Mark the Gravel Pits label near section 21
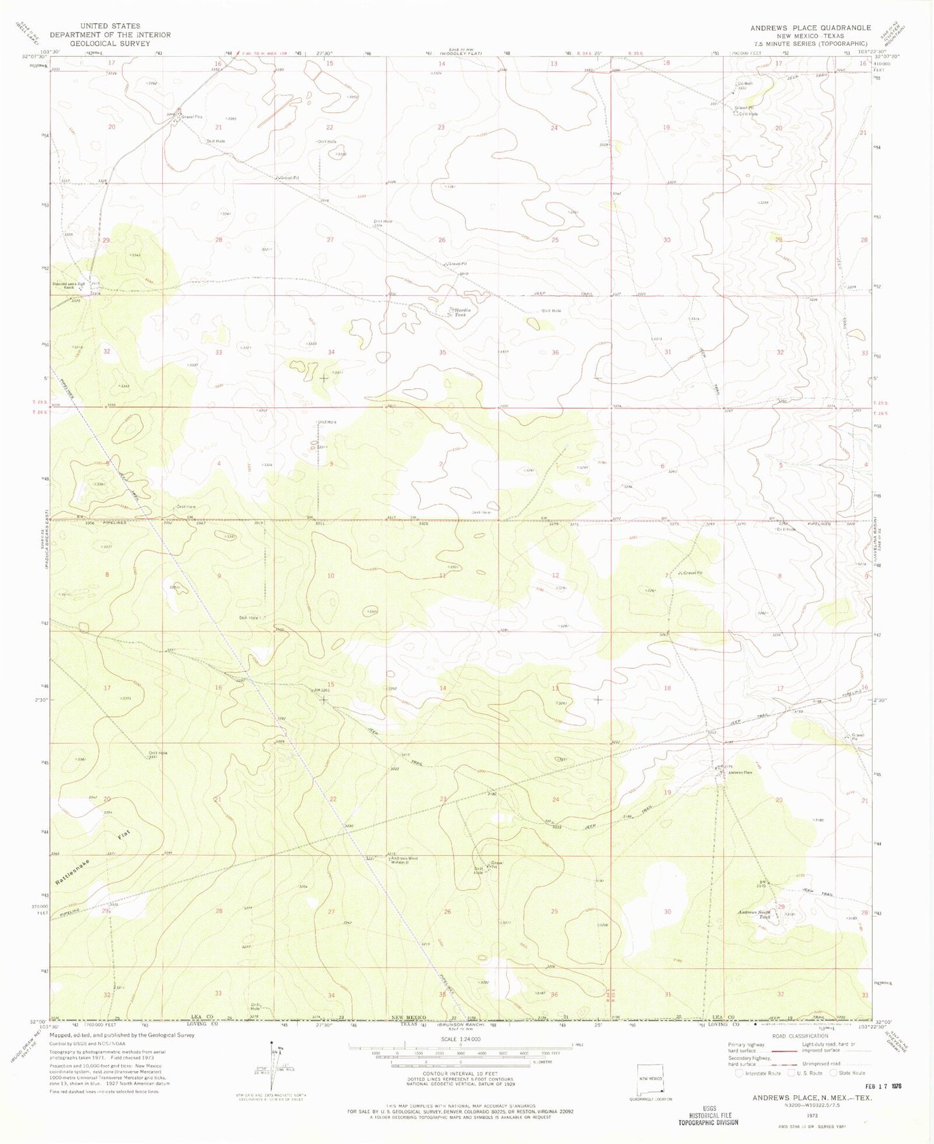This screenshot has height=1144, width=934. coord(192,117)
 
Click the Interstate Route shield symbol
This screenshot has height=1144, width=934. coord(739,1073)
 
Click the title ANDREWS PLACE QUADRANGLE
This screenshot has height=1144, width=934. coord(810,28)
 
